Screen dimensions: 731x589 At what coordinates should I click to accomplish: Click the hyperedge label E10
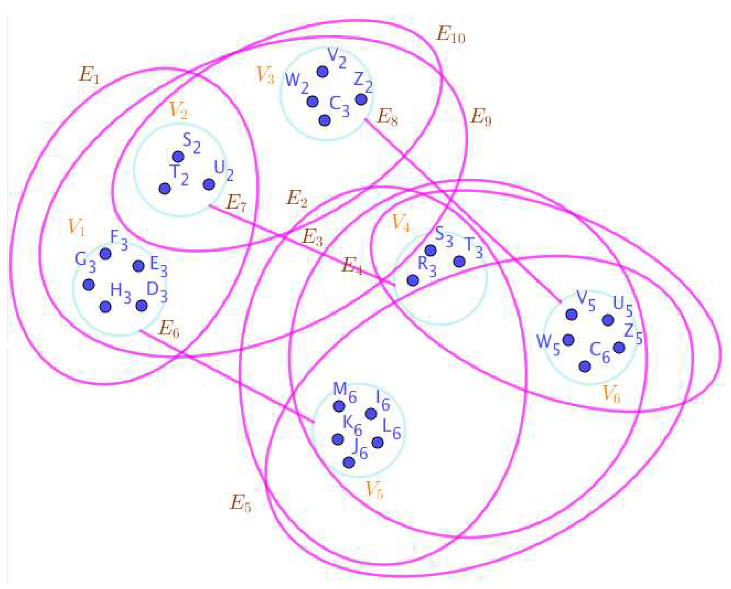tap(450, 35)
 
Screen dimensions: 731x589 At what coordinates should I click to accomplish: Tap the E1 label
tap(89, 76)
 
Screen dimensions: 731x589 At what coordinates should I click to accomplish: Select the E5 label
tap(240, 503)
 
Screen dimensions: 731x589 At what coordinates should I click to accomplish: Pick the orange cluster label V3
tap(265, 75)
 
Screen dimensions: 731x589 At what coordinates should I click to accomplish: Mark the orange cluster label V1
tap(77, 227)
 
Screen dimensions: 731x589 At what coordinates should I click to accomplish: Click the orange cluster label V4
tap(401, 223)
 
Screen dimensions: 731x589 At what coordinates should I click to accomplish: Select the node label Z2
tap(363, 83)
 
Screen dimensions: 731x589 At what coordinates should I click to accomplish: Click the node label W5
tap(548, 344)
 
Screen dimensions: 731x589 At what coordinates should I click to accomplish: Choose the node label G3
tap(85, 262)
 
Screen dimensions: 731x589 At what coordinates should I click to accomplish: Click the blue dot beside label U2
tap(209, 184)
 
